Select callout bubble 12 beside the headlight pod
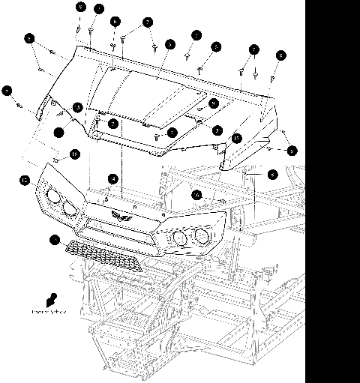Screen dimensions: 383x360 click(x=25, y=180)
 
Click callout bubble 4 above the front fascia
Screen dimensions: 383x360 click(x=112, y=179)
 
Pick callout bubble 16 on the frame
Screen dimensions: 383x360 click(x=196, y=194)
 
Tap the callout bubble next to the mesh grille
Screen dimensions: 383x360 click(x=54, y=240)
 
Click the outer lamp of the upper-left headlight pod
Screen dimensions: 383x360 click(x=52, y=198)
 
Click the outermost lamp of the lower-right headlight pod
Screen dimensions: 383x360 click(x=201, y=238)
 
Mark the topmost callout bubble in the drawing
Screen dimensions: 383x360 click(x=81, y=7)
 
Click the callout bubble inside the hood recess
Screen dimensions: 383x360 click(x=213, y=103)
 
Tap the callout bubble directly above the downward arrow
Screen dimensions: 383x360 click(x=254, y=49)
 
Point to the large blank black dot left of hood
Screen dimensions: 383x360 click(x=58, y=133)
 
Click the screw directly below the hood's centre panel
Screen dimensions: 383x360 click(x=155, y=138)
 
